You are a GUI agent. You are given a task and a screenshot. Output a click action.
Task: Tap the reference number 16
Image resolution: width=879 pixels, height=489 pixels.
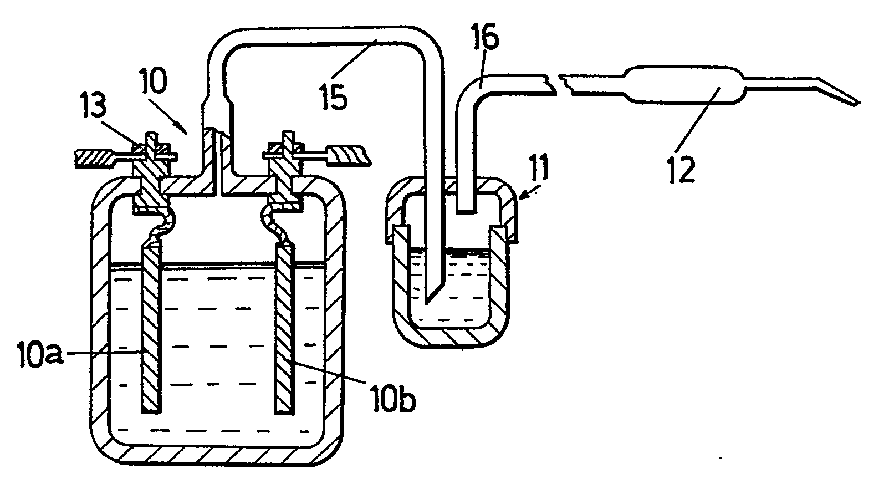486,40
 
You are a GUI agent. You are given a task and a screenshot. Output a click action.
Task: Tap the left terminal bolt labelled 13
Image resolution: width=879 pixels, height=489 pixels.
151,166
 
